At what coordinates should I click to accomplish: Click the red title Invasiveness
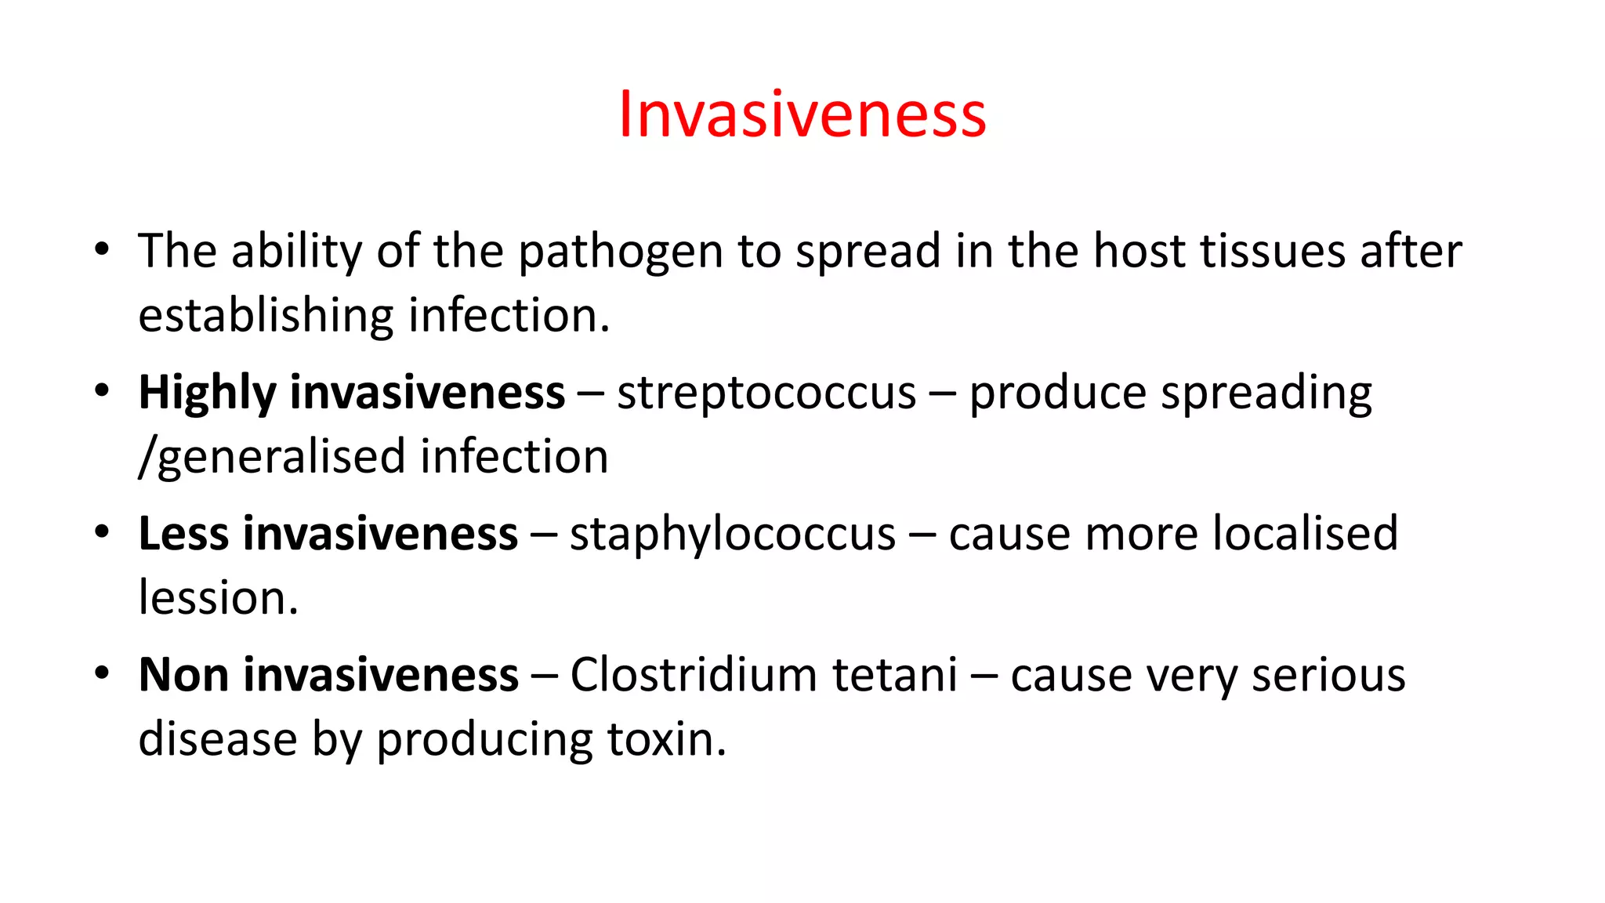point(802,114)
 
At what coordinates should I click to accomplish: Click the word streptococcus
point(766,393)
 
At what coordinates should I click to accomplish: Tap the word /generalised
point(272,458)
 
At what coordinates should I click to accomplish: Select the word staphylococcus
point(732,535)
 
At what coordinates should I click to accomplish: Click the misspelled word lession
point(218,598)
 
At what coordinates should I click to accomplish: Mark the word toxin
point(666,739)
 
